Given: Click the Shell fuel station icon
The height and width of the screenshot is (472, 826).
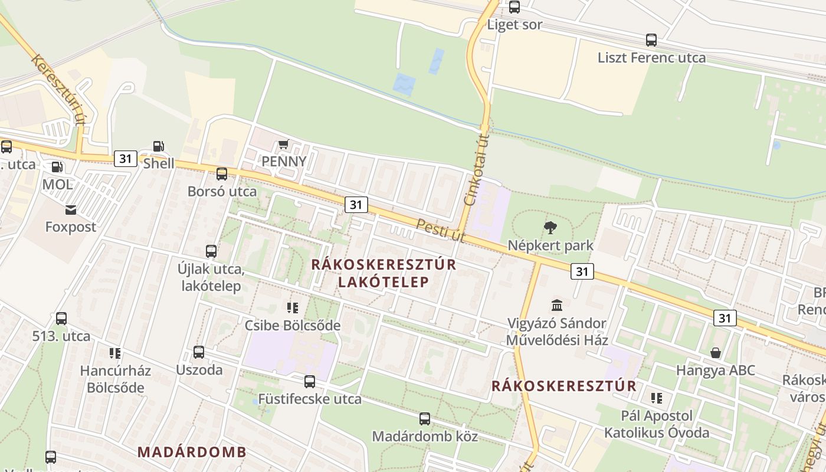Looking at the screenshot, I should click(158, 146).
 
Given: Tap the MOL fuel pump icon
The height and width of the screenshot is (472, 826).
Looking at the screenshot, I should click(57, 168).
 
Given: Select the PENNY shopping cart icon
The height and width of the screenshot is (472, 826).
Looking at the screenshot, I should click(284, 145).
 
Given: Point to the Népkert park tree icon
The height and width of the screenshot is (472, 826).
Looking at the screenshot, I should click(550, 227).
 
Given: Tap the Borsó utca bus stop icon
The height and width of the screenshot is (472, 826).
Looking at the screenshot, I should click(222, 174).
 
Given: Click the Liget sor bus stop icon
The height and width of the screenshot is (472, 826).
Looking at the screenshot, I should click(514, 7).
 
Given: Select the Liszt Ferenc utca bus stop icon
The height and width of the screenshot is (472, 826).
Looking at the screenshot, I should click(651, 40).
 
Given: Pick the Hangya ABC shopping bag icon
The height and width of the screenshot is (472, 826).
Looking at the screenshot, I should click(716, 353).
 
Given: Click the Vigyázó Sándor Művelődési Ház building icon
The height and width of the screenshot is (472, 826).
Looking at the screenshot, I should click(557, 305).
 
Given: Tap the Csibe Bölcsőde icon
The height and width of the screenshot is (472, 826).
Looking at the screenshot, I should click(293, 307).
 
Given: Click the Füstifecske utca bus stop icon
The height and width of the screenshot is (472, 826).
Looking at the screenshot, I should click(310, 382).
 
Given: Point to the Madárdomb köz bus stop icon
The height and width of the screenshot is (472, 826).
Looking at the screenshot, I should click(425, 419).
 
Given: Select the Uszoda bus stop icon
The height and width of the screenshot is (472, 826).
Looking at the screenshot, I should click(199, 352).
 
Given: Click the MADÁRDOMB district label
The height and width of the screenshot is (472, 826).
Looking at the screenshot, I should click(192, 453).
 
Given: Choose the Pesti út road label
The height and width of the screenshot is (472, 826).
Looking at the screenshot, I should click(441, 230).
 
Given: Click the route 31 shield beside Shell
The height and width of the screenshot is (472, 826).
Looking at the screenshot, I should click(125, 158).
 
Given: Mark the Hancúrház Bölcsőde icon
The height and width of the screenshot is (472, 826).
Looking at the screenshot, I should click(115, 353).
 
